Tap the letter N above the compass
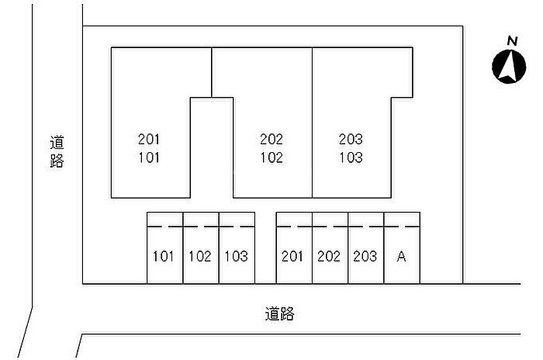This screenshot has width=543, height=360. (511, 40)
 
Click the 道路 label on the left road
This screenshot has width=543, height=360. (57, 151)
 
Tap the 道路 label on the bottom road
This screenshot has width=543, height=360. (279, 314)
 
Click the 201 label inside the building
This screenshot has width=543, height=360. (148, 140)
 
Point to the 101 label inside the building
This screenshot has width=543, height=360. (148, 157)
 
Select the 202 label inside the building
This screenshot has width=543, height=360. (271, 140)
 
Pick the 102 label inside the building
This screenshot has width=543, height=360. (271, 157)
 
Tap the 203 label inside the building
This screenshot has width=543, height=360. (351, 140)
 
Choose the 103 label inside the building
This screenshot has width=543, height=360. (351, 157)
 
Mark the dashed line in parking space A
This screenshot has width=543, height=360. (401, 227)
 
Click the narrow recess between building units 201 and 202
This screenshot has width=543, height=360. (212, 147)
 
